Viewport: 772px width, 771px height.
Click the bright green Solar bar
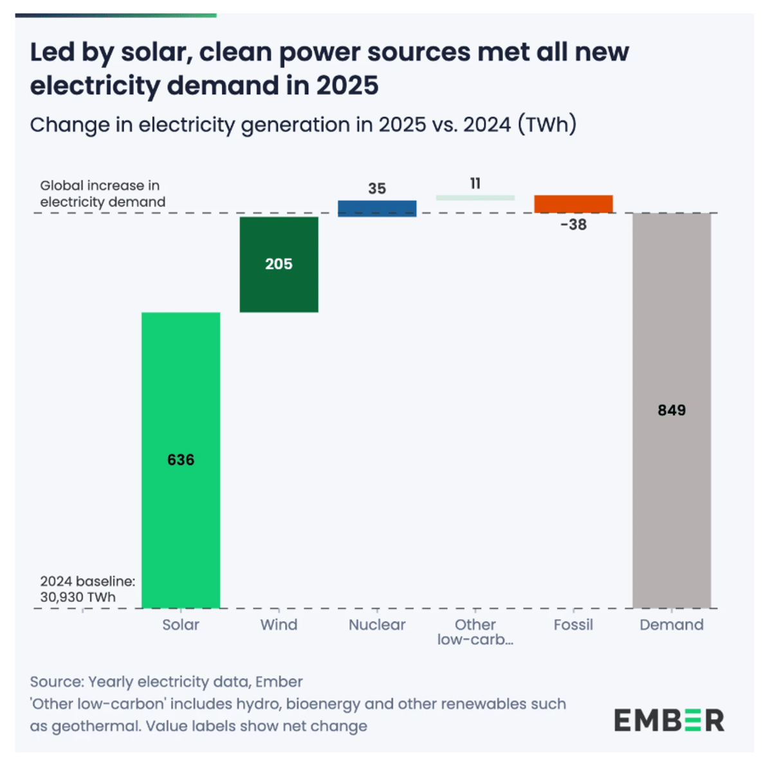coord(181,386)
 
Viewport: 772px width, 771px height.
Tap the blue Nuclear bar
coord(377,209)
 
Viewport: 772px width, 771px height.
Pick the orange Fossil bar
coord(573,203)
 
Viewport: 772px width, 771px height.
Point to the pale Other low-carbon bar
coord(475,198)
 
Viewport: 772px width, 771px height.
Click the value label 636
coord(181,460)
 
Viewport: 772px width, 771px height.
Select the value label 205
coord(279,264)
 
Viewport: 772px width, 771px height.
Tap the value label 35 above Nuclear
coord(377,189)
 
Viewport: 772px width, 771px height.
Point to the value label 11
coord(475,183)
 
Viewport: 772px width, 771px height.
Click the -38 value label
coord(573,225)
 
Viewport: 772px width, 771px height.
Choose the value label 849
coord(672,410)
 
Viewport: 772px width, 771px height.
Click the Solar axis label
coord(181,624)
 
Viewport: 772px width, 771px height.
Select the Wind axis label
coord(279,624)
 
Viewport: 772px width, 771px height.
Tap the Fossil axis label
coord(573,624)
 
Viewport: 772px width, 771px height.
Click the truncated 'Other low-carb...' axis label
coord(475,632)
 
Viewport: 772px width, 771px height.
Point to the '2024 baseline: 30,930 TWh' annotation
coord(87,589)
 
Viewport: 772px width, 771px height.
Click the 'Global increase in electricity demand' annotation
coord(102,194)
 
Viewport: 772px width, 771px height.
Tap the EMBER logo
coord(669,720)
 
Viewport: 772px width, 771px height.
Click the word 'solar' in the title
coord(156,52)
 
